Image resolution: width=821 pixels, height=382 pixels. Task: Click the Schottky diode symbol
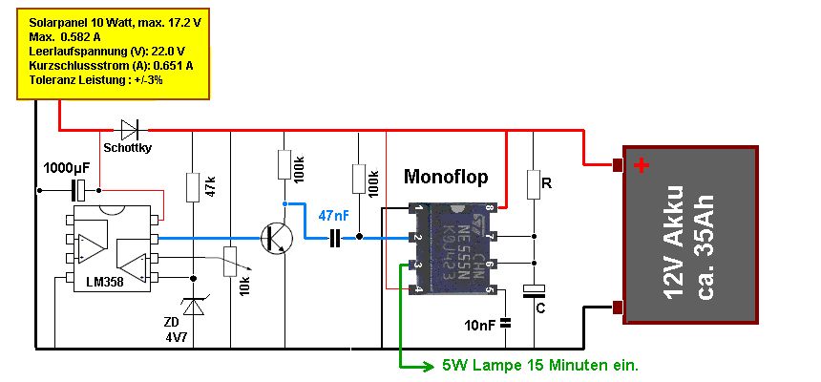click(129, 129)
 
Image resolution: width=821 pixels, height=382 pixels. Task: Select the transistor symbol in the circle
click(277, 238)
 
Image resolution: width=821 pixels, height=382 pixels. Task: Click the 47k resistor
click(193, 187)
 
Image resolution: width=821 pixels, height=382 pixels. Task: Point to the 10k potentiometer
click(230, 262)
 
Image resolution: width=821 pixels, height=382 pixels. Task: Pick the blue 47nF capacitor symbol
click(334, 241)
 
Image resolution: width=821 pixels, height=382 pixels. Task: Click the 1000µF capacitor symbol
click(79, 190)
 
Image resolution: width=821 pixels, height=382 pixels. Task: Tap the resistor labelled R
click(534, 184)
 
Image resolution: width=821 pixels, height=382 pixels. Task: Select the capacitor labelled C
click(534, 291)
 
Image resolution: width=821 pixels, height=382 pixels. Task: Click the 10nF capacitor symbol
click(505, 324)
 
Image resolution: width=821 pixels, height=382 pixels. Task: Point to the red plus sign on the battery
click(642, 165)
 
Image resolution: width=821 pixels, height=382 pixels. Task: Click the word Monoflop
click(446, 177)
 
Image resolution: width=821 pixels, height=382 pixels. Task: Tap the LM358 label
click(105, 283)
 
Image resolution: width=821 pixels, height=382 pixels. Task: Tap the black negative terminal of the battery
click(618, 308)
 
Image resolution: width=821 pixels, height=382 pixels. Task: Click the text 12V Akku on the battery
click(676, 242)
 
